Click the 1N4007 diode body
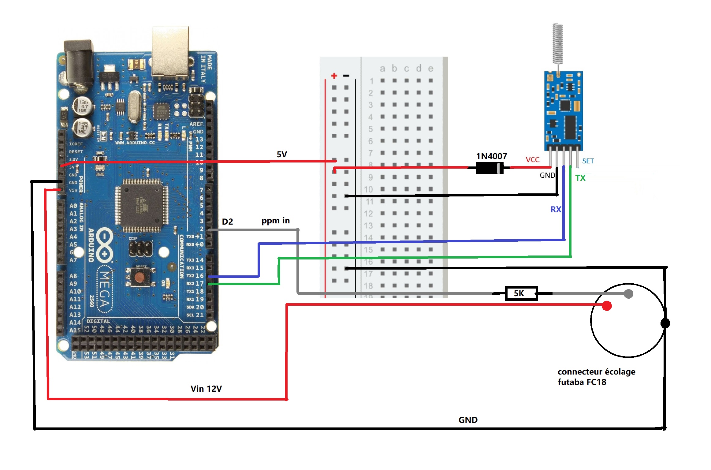tap(490, 168)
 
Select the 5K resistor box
tap(521, 293)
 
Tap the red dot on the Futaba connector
tap(606, 306)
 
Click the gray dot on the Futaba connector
tap(628, 294)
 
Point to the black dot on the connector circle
tap(665, 323)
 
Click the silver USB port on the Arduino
tap(170, 52)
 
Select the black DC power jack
tap(78, 64)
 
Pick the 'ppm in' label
tap(275, 221)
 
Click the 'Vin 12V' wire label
tap(206, 389)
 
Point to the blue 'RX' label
tap(556, 210)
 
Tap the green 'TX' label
tap(580, 178)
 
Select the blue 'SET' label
tap(588, 161)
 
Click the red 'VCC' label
tap(532, 160)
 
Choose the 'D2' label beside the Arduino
tap(227, 222)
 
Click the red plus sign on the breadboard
tap(334, 76)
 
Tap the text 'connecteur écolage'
tap(596, 372)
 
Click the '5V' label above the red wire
tap(282, 155)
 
